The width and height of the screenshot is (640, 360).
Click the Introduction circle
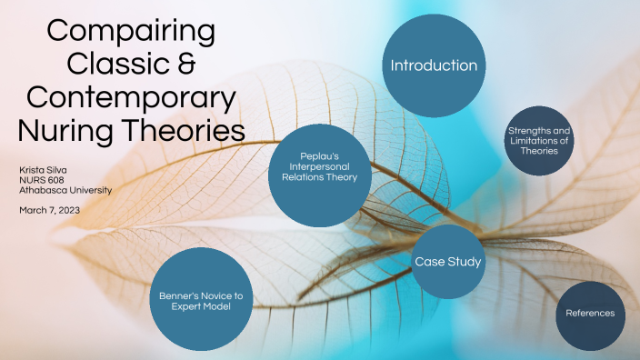point(434,65)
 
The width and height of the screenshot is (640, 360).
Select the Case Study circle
point(447,262)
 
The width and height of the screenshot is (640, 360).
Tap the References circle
point(590,314)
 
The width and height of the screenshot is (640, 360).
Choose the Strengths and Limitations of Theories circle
point(539,145)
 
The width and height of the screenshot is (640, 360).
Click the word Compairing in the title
point(131,33)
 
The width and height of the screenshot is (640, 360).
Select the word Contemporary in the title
point(131,97)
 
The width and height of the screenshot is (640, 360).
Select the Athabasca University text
point(65,191)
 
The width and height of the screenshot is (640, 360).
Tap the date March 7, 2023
point(49,210)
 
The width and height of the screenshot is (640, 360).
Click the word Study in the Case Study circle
point(464,262)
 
